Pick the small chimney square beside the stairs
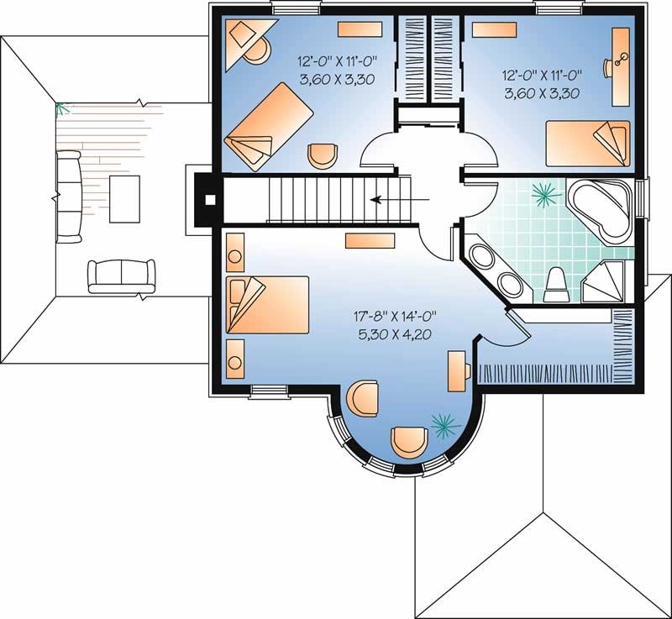(210, 201)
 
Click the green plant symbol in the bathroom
(547, 196)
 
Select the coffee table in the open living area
(125, 198)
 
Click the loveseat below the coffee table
(121, 275)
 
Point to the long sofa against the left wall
(69, 195)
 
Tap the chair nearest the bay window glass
(409, 442)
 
